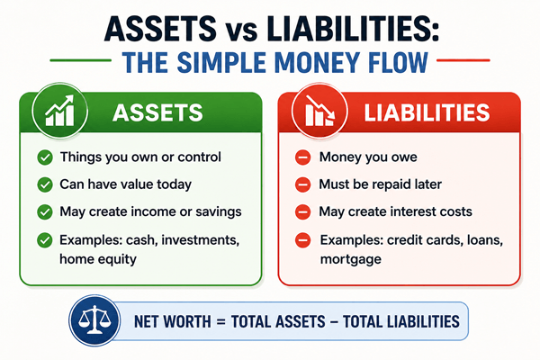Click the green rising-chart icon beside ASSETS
pyautogui.click(x=59, y=111)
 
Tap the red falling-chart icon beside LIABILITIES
pyautogui.click(x=319, y=111)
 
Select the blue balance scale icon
pyautogui.click(x=94, y=320)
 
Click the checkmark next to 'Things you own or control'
pyautogui.click(x=45, y=157)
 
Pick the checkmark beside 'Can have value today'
pyautogui.click(x=45, y=184)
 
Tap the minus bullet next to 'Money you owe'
pyautogui.click(x=303, y=157)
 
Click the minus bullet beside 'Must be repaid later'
pyautogui.click(x=303, y=184)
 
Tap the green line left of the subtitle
pyautogui.click(x=81, y=60)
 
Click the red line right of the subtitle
pyautogui.click(x=463, y=60)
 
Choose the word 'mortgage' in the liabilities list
pyautogui.click(x=351, y=259)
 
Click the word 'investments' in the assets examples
pyautogui.click(x=200, y=239)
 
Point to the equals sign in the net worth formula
pyautogui.click(x=220, y=322)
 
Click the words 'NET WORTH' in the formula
pyautogui.click(x=172, y=321)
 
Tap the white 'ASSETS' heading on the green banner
pyautogui.click(x=157, y=112)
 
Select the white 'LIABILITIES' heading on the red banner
pyautogui.click(x=427, y=112)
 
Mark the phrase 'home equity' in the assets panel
pyautogui.click(x=98, y=259)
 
